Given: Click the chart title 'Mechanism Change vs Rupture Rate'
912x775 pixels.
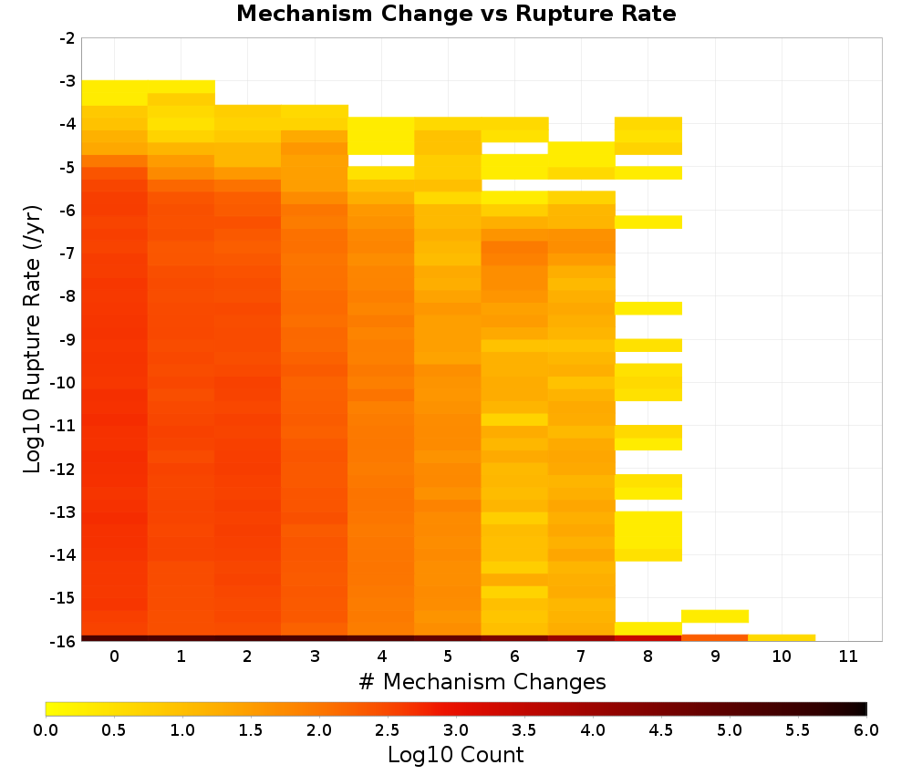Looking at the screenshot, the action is pos(456,14).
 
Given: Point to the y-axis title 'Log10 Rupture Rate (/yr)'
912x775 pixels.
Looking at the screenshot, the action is pos(33,339).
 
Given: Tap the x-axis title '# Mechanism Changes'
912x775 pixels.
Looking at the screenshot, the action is pos(482,681).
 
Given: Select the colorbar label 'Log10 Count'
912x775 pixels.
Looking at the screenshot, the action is pos(455,755).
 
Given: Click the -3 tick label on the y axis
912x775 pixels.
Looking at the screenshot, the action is pos(67,81).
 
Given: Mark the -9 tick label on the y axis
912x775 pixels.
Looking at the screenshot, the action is pos(67,339).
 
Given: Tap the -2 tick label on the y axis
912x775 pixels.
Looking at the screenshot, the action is pos(67,38).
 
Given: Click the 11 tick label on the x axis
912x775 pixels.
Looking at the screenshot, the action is pos(848,656).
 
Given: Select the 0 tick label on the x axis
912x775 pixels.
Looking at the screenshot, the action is pos(115,656).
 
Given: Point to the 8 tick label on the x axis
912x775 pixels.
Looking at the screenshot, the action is pos(648,656).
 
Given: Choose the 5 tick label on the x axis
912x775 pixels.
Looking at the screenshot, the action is pos(448,656).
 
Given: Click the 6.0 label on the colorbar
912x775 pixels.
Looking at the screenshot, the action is pos(866,730).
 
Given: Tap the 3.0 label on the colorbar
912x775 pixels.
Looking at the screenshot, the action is pos(456,730).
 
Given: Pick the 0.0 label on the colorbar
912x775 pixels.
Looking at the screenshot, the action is pos(46,730).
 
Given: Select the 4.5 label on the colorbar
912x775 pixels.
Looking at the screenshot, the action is pos(660,730).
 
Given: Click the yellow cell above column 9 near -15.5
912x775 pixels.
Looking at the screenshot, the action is pos(715,616).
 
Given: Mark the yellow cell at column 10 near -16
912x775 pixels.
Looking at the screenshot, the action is pos(782,638).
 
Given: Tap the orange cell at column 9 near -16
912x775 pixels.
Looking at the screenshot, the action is pos(715,638).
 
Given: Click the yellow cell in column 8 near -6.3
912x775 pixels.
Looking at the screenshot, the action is pos(648,222).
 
